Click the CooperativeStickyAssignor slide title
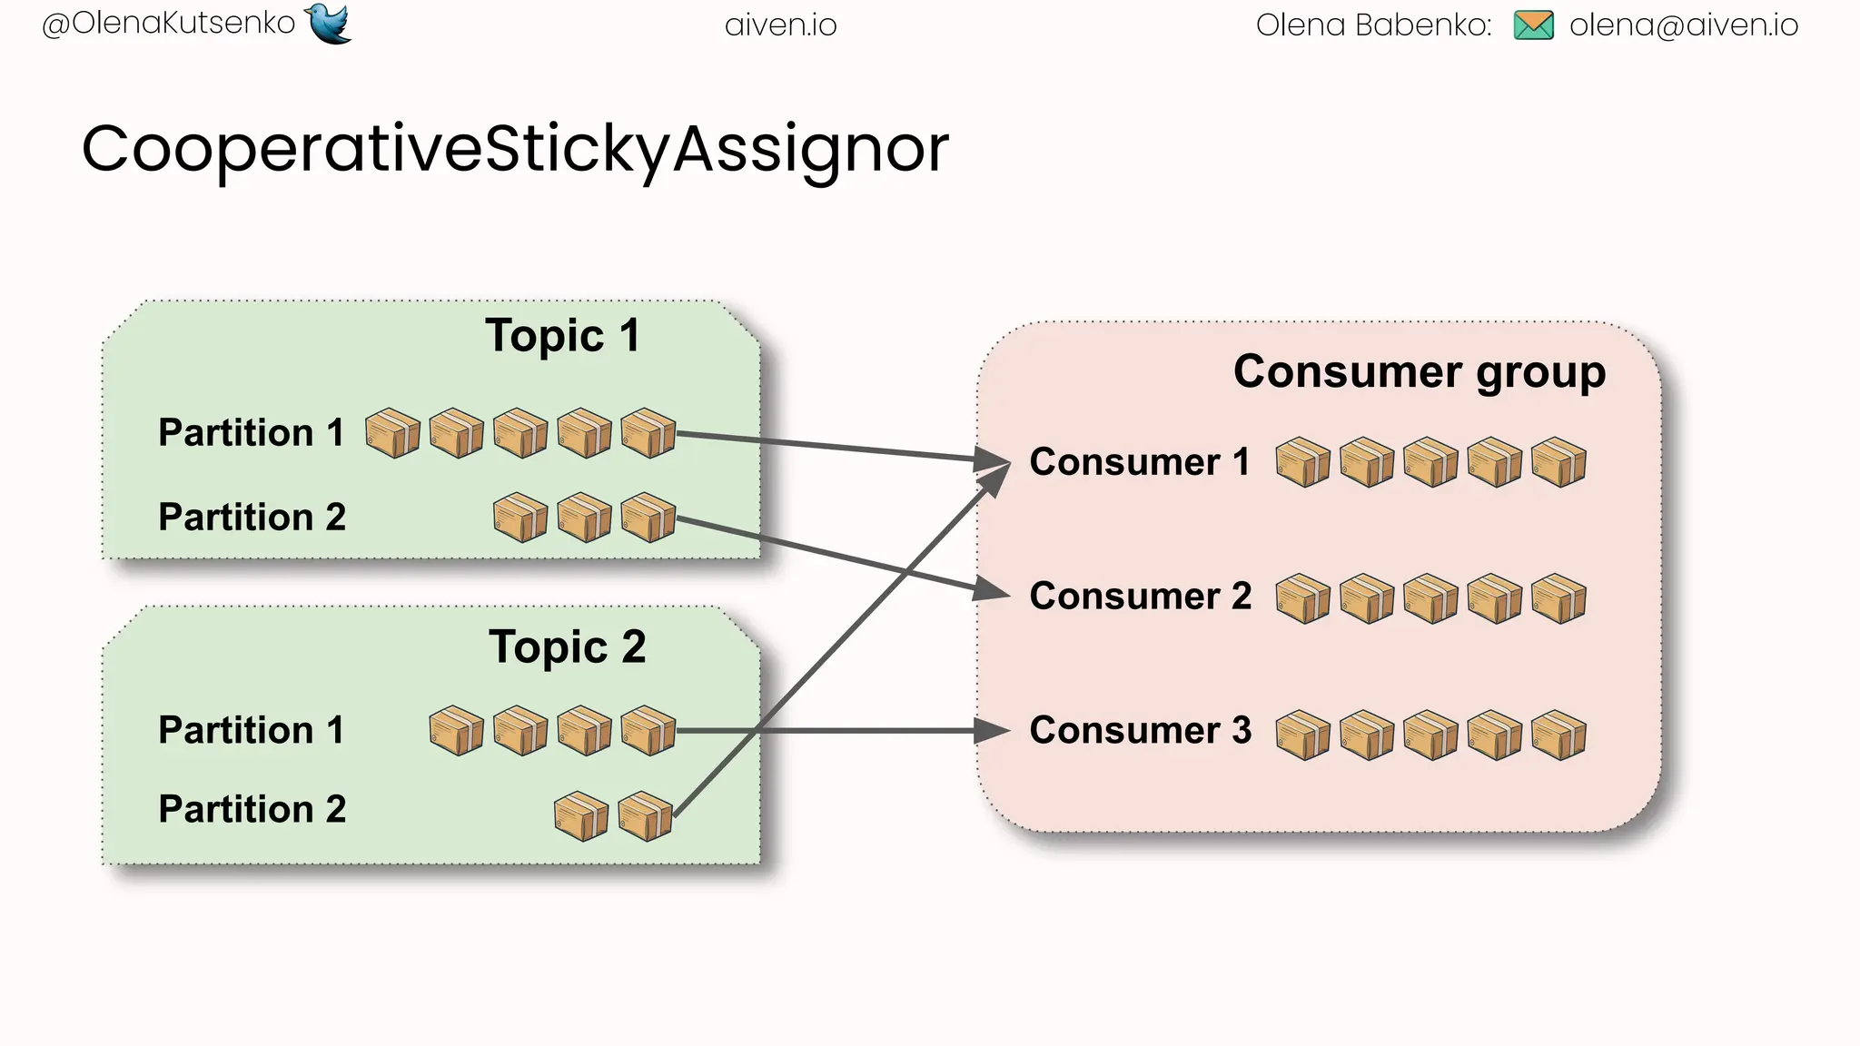pos(515,150)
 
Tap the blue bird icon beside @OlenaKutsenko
pos(329,23)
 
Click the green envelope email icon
pos(1534,25)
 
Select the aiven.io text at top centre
pos(780,25)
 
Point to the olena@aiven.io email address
pos(1683,25)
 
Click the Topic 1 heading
pos(562,336)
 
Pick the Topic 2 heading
pos(567,647)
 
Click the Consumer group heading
pos(1419,372)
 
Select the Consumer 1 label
pos(1139,462)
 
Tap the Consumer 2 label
pos(1140,597)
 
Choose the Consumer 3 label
pos(1140,731)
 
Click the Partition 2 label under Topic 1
pos(252,518)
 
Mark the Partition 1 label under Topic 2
pos(252,731)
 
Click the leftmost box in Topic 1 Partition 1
pos(392,433)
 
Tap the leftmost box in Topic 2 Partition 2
pos(581,816)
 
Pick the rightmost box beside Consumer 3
pos(1558,735)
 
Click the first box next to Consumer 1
pos(1302,463)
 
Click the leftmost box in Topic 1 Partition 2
pos(519,518)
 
